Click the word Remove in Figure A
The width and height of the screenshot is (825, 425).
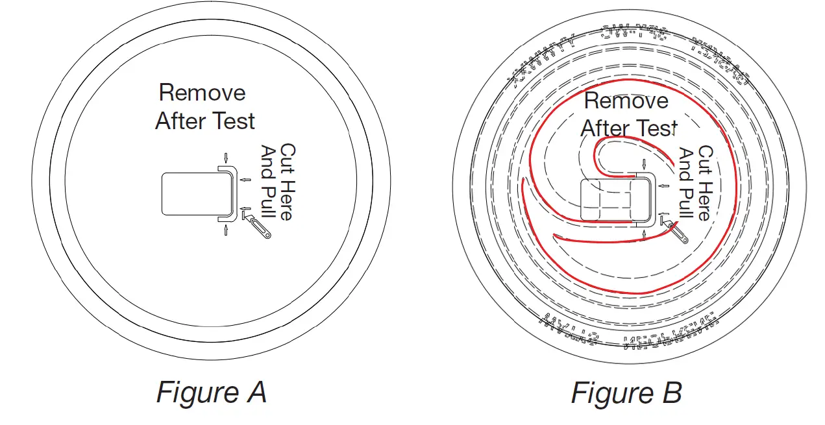202,93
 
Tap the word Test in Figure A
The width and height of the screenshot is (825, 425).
231,121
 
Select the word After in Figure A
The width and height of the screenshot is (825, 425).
179,121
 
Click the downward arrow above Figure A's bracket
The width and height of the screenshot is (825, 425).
226,157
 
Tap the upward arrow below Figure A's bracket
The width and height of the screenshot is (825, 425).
226,230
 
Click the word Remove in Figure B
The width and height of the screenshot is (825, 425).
626,101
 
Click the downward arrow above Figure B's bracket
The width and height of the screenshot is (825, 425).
644,164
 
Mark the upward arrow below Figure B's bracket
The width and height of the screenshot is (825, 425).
644,234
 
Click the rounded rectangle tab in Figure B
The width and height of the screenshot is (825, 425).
607,199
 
